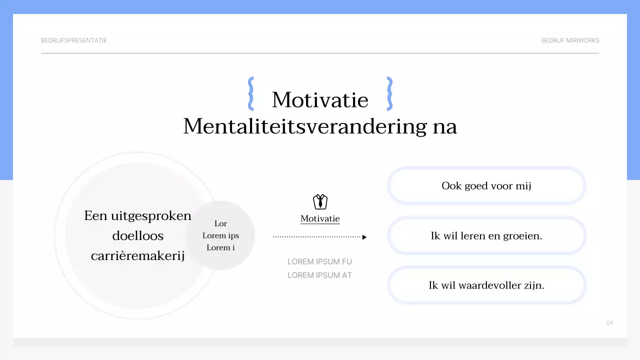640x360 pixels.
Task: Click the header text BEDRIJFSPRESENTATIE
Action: tap(74, 40)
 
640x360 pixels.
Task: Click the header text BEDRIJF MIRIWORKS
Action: tap(570, 40)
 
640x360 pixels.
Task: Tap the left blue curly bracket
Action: tap(251, 93)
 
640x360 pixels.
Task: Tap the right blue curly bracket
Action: tap(389, 93)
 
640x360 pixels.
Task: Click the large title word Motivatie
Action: tap(320, 100)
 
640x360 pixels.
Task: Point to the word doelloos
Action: tap(137, 235)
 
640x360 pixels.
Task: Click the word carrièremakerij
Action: tap(137, 256)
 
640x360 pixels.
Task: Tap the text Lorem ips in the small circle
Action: tap(220, 235)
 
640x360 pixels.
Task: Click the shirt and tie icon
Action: tap(320, 201)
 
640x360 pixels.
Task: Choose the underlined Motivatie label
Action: tap(320, 219)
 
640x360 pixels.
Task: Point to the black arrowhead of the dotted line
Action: tap(364, 237)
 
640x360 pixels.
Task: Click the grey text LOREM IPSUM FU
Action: tap(319, 261)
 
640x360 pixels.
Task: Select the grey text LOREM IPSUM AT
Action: tap(319, 275)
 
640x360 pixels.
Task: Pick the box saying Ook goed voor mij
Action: tap(486, 186)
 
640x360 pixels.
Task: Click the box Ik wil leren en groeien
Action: tap(486, 235)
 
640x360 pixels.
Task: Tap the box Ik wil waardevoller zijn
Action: tap(486, 285)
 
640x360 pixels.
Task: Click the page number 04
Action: tap(609, 322)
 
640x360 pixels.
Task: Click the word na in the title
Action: tap(444, 126)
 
